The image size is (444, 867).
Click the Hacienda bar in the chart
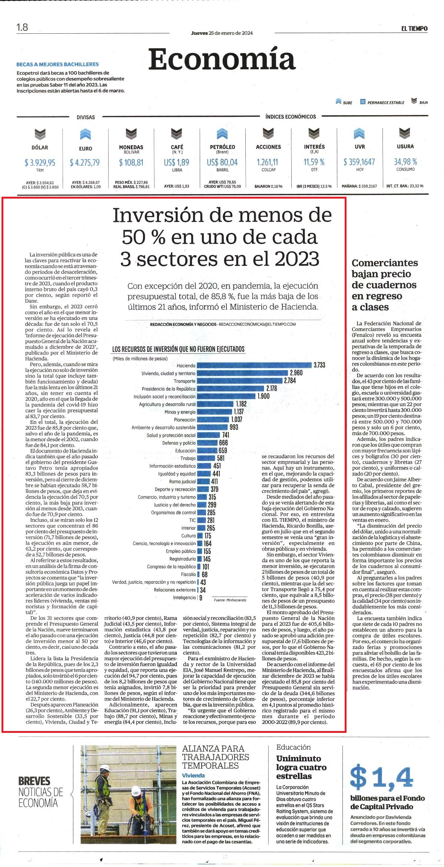[254, 365]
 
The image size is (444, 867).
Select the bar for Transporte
[239, 381]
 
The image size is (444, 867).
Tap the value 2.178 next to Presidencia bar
[271, 388]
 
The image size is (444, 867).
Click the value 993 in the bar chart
[234, 427]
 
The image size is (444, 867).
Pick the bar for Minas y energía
[215, 412]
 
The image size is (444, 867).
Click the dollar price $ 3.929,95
[40, 162]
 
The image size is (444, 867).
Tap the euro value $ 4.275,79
[85, 162]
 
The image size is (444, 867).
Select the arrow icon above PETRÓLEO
[222, 134]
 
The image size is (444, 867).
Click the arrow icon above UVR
[359, 134]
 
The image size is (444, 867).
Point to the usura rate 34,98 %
[405, 162]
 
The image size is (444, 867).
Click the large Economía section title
[222, 59]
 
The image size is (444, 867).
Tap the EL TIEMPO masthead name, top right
[414, 29]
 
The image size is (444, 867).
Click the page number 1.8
[22, 27]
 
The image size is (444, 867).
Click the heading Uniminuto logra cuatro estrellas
[301, 767]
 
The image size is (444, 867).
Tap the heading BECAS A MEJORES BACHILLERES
[57, 64]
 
